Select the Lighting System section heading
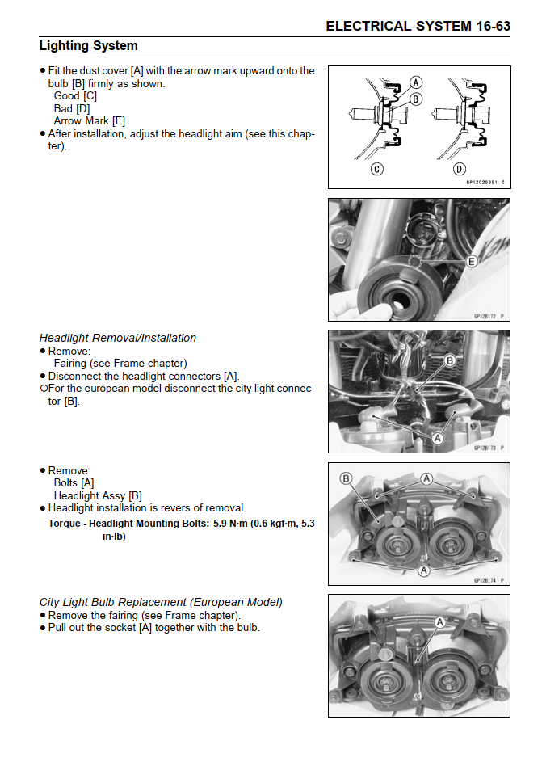(x=88, y=46)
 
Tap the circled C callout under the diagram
(x=377, y=169)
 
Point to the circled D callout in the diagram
(x=460, y=169)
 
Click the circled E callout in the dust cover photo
(x=473, y=261)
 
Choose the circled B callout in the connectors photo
(x=451, y=360)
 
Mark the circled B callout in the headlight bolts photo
(x=347, y=478)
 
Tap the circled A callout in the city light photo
(x=440, y=622)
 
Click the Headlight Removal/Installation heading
(x=118, y=338)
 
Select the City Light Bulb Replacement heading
(x=161, y=602)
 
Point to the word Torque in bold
(x=65, y=523)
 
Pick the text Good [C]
(x=75, y=95)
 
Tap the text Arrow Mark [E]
(x=90, y=121)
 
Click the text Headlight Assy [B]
(x=98, y=495)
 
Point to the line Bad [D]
(x=72, y=108)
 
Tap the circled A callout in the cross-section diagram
(x=416, y=82)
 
